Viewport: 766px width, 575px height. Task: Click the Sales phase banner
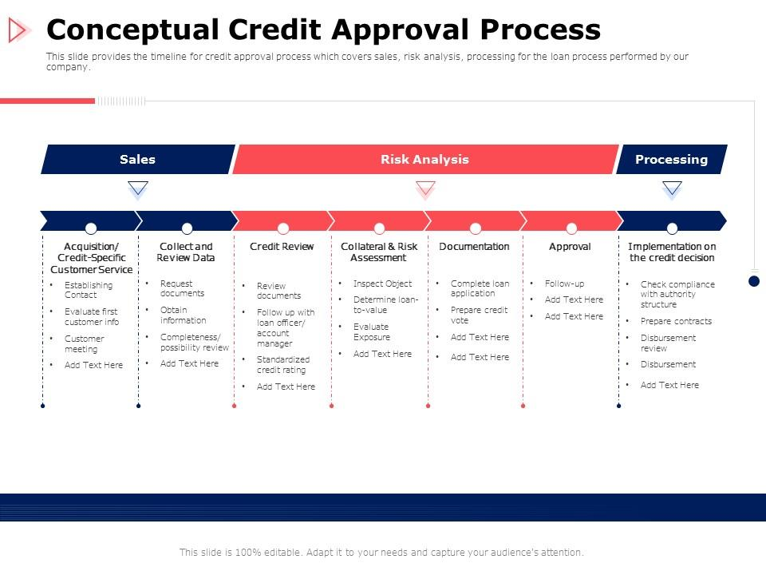pos(137,160)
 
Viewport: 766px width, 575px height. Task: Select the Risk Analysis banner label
pos(424,160)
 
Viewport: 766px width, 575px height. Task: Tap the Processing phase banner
pos(671,160)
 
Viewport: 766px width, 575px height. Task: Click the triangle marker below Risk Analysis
pos(425,188)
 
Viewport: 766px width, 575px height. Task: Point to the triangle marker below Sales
pos(138,188)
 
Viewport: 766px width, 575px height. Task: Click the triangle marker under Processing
pos(672,188)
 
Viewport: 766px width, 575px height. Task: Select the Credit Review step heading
pos(282,247)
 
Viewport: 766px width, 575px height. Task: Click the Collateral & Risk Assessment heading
pos(379,252)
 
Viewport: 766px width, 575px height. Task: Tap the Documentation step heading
pos(474,247)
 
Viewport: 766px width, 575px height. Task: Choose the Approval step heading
pos(570,247)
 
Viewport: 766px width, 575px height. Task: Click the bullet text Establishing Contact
pos(88,290)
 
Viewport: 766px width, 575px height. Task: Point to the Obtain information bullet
pos(183,315)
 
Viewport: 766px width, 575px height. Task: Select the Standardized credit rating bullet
pos(282,365)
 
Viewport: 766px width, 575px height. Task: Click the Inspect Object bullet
pos(382,284)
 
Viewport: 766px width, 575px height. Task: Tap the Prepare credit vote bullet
pos(479,315)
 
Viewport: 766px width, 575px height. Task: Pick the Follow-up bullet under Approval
pos(564,284)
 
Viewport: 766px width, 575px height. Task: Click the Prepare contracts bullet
pos(676,321)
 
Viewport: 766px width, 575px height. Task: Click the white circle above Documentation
pos(476,228)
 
